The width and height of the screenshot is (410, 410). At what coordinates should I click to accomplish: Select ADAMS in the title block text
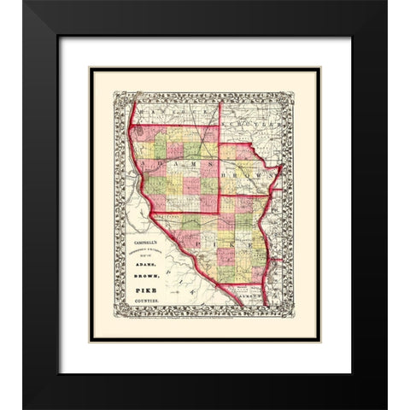coord(146,266)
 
